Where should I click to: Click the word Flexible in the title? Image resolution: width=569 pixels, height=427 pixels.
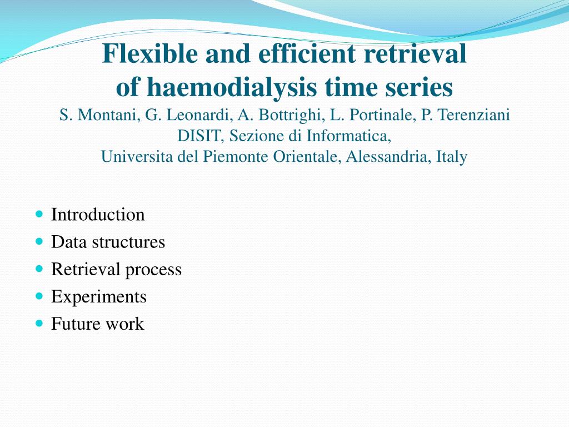click(x=150, y=53)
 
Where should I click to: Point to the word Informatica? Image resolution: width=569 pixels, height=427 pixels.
click(x=349, y=136)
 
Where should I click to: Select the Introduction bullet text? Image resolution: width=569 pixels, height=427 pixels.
click(x=98, y=215)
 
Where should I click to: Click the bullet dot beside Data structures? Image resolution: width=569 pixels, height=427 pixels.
click(x=39, y=241)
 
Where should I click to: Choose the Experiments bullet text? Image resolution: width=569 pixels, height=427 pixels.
click(x=99, y=297)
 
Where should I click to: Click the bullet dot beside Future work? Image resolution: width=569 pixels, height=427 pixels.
click(x=39, y=323)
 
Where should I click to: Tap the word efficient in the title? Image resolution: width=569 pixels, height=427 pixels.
click(x=307, y=53)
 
